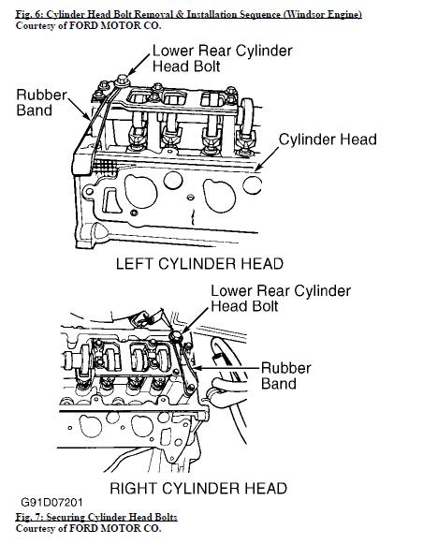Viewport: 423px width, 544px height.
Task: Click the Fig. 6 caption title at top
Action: pyautogui.click(x=189, y=14)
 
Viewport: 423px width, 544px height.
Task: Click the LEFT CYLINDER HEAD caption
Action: pyautogui.click(x=199, y=264)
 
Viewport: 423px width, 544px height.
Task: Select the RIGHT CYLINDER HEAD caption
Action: pyautogui.click(x=198, y=488)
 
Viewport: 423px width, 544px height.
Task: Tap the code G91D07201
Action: pyautogui.click(x=51, y=503)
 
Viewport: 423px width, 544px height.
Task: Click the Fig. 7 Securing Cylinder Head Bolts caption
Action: pyautogui.click(x=96, y=517)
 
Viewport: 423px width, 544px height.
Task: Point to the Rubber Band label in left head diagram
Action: pyautogui.click(x=41, y=103)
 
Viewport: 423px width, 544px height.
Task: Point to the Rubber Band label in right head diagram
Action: pyautogui.click(x=286, y=375)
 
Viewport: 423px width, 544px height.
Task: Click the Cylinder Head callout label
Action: pyautogui.click(x=328, y=140)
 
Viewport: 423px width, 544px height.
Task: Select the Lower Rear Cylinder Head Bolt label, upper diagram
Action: pyautogui.click(x=222, y=58)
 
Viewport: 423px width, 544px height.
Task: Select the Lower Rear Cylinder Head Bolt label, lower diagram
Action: pyautogui.click(x=281, y=299)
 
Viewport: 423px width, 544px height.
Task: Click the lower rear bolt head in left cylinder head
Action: pyautogui.click(x=122, y=81)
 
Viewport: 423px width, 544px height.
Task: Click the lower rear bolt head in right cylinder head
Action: pyautogui.click(x=177, y=336)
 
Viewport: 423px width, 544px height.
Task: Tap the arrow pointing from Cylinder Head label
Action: pyautogui.click(x=267, y=159)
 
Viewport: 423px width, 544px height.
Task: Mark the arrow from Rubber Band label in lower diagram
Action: pyautogui.click(x=226, y=368)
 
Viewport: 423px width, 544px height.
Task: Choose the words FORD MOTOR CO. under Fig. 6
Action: pyautogui.click(x=115, y=25)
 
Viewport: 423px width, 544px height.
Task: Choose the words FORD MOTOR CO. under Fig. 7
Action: pyautogui.click(x=115, y=528)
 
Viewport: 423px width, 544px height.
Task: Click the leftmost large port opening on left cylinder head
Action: pyautogui.click(x=140, y=191)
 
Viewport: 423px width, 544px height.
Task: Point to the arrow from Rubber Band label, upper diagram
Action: pyautogui.click(x=79, y=110)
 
